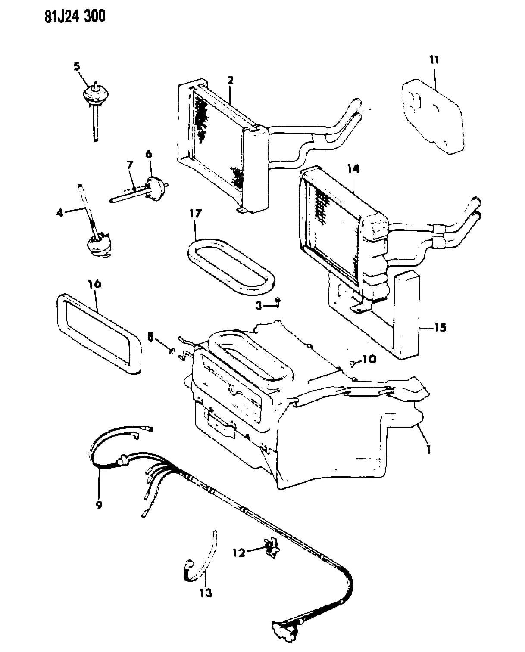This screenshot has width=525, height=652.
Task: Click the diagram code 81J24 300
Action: pos(75,16)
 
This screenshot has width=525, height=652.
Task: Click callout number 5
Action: pos(77,66)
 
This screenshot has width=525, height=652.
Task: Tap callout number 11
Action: pos(434,60)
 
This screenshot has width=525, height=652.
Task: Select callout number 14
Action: pos(353,168)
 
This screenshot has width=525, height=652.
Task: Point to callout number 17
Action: pos(196,214)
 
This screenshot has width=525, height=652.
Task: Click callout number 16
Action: pos(95,284)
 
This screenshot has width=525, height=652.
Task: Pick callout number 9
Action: pos(99,505)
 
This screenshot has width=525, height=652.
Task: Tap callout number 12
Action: pos(239,553)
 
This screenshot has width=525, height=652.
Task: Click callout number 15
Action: pos(441,328)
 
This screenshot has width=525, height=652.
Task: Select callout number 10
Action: pos(369,359)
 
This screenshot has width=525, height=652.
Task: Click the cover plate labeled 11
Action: pos(432,117)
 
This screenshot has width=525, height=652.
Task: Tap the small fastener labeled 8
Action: pos(172,351)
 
